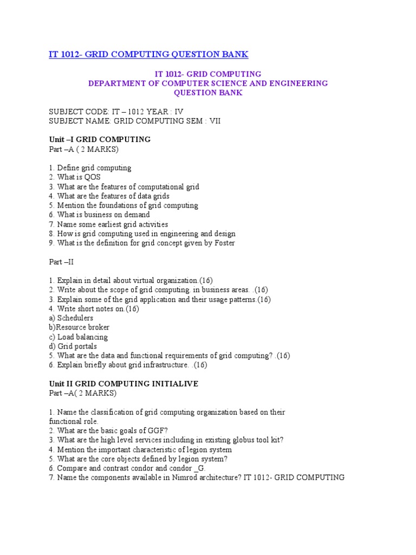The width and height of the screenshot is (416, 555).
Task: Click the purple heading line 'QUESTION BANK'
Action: pyautogui.click(x=208, y=93)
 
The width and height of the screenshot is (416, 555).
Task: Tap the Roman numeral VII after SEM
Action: pyautogui.click(x=200, y=121)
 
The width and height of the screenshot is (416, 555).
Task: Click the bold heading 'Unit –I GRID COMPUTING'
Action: pyautogui.click(x=100, y=139)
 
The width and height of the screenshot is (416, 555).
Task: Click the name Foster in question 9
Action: pyautogui.click(x=223, y=243)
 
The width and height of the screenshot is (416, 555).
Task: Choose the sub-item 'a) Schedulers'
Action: pyautogui.click(x=71, y=318)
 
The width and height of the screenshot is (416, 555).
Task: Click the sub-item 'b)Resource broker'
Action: pyautogui.click(x=79, y=327)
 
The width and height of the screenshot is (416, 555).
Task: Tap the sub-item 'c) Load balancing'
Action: pyautogui.click(x=78, y=337)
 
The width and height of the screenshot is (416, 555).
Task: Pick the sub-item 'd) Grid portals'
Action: pyautogui.click(x=73, y=346)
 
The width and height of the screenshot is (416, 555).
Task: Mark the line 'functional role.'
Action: pyautogui.click(x=74, y=421)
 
